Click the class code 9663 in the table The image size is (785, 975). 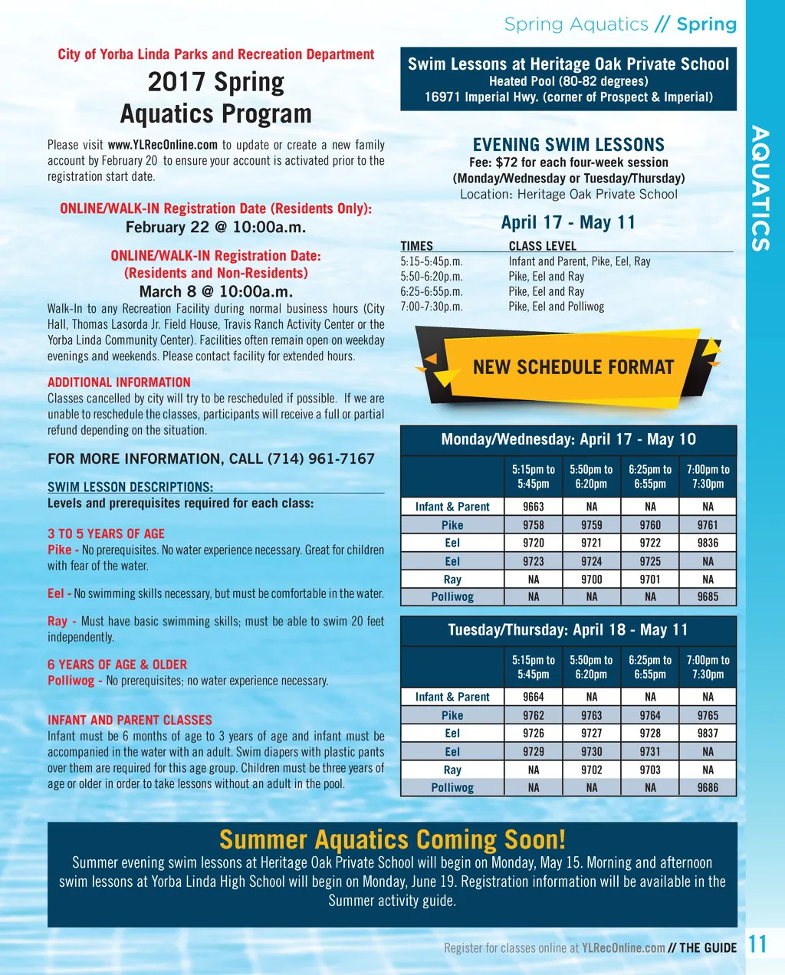pos(534,507)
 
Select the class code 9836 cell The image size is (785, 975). pos(708,543)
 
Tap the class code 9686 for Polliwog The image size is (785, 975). pos(708,787)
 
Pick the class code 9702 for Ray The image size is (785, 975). pos(592,770)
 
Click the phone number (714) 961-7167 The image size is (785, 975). pos(320,458)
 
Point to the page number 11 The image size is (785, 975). pos(757,944)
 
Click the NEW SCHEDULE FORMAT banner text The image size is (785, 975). pos(573,367)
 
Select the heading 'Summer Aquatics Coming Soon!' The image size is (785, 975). pos(392,840)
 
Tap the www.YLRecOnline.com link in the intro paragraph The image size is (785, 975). pos(163,145)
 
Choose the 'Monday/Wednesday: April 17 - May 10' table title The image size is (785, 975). pos(568,439)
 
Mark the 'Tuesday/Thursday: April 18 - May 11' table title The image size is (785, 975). pos(568,630)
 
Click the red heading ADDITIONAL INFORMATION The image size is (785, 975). pos(119,382)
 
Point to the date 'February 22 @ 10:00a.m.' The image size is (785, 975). pos(215,227)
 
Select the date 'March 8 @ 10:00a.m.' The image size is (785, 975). pos(215,291)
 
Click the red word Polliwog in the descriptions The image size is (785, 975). pos(71,681)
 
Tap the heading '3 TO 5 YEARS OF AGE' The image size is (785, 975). pos(106,533)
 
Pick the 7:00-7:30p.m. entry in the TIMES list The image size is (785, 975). pos(432,307)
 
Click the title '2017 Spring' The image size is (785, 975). pos(215,82)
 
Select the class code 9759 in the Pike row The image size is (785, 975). pos(592,525)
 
